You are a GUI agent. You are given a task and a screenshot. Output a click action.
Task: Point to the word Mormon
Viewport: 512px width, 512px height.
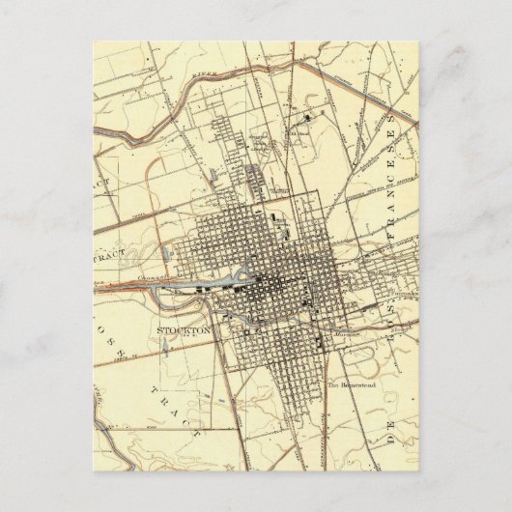click(347, 333)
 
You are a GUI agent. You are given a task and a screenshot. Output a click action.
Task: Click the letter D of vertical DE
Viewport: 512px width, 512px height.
click(391, 440)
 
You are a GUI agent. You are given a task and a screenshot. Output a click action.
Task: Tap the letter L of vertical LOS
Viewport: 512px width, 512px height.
click(100, 336)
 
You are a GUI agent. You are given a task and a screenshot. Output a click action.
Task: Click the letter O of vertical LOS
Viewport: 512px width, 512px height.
click(100, 323)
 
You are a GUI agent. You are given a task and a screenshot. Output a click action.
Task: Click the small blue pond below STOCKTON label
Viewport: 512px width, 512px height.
click(164, 350)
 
